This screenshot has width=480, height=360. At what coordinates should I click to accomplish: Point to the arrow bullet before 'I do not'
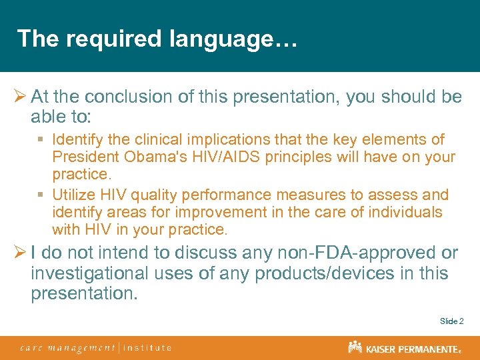[20, 253]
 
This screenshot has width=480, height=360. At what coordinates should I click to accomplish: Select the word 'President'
[87, 157]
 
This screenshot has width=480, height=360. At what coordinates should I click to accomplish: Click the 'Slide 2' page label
[451, 321]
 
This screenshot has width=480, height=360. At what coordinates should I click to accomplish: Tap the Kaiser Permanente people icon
[355, 347]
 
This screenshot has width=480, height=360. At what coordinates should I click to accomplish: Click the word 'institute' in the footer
[147, 347]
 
